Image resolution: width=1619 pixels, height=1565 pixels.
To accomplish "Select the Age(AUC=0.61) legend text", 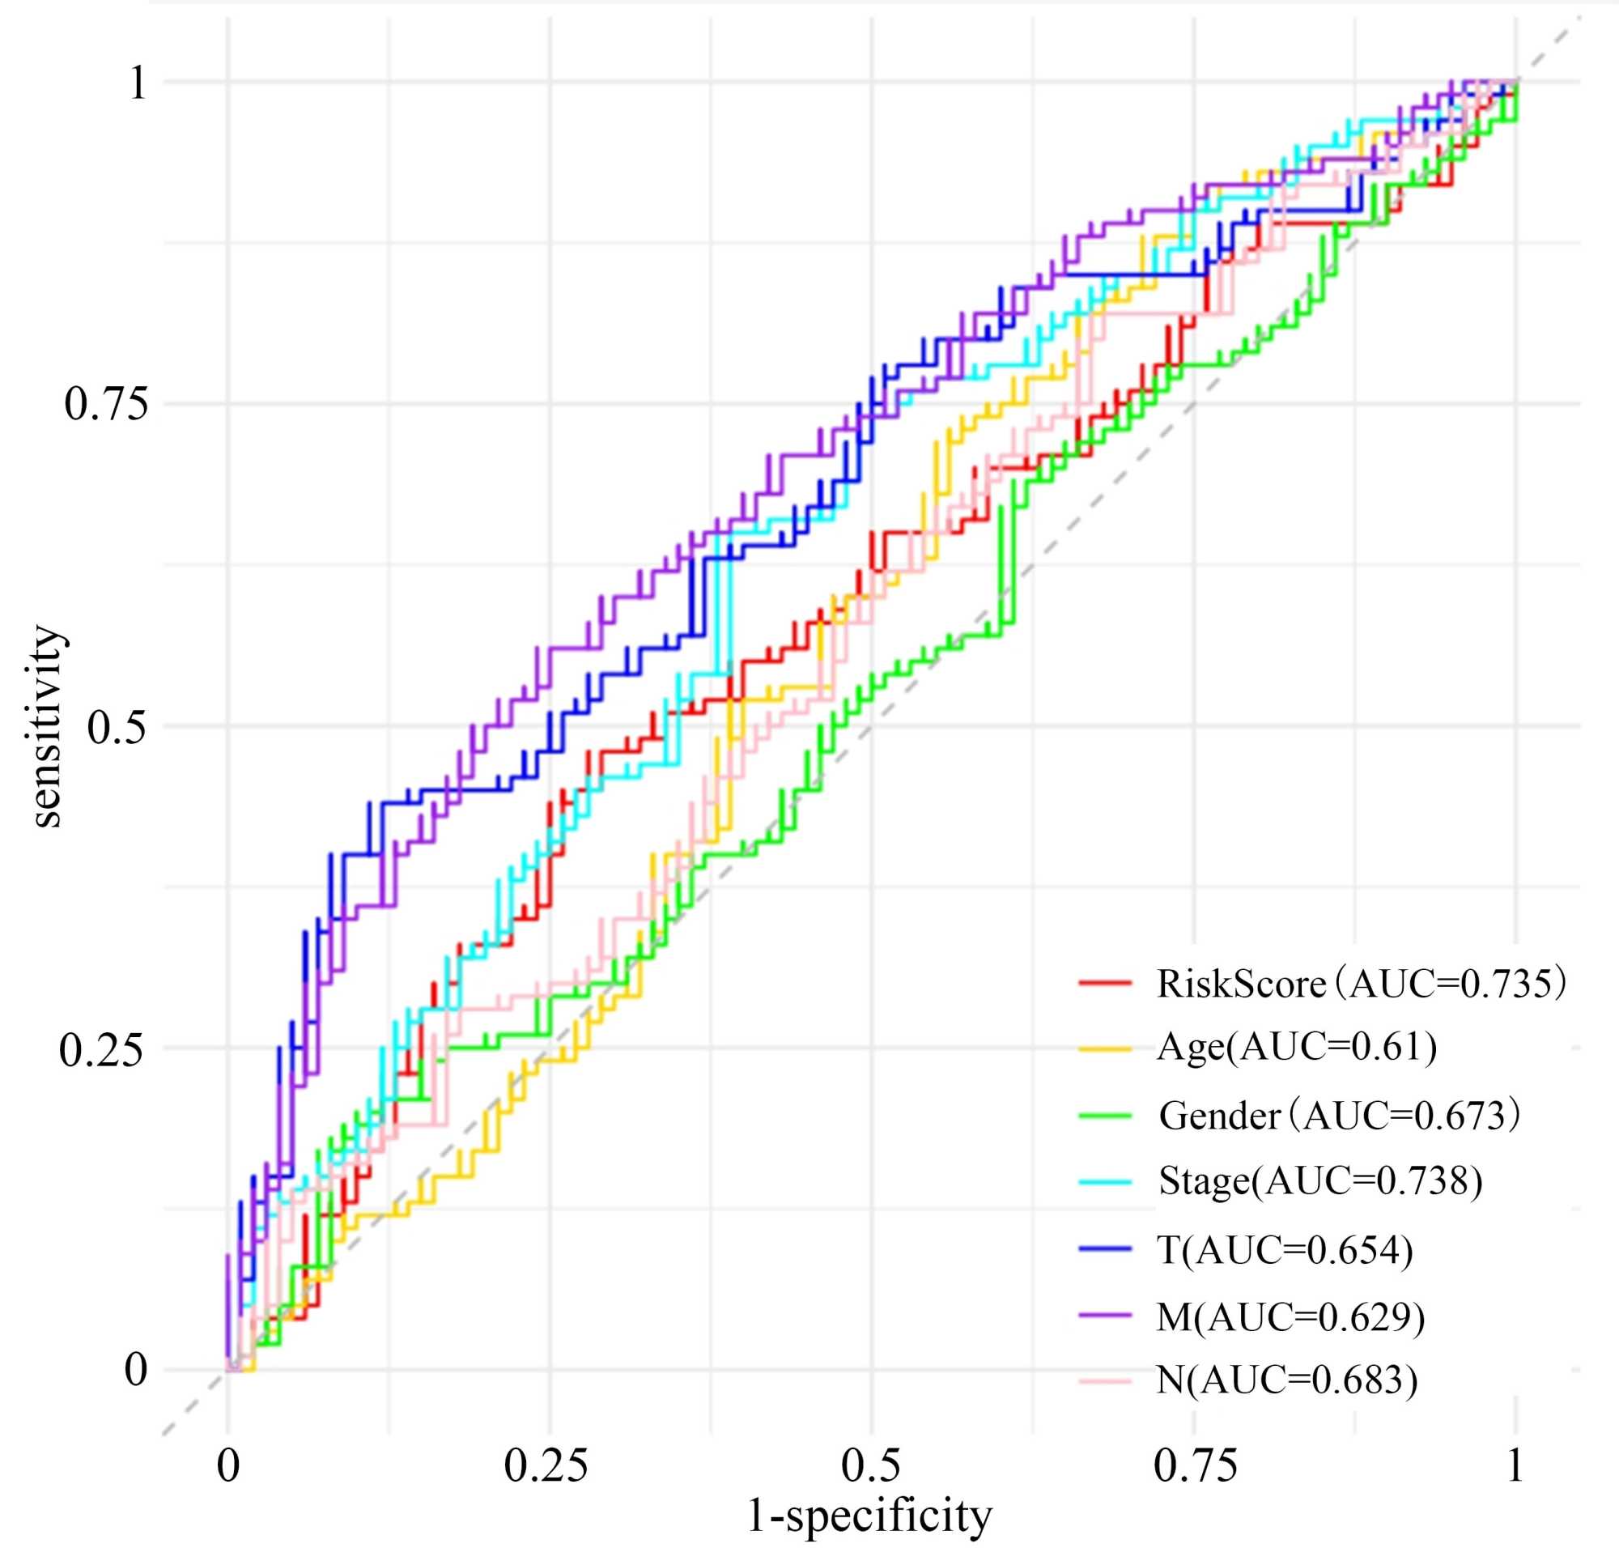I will pyautogui.click(x=1297, y=1047).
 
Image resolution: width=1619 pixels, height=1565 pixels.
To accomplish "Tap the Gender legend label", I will pyautogui.click(x=1338, y=1116).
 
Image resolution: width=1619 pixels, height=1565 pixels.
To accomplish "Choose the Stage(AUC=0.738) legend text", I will pyautogui.click(x=1320, y=1180).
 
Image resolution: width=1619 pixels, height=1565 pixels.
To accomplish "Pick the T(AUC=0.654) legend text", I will pyautogui.click(x=1285, y=1250).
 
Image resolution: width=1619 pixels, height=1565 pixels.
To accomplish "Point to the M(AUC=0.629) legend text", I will pyautogui.click(x=1290, y=1316).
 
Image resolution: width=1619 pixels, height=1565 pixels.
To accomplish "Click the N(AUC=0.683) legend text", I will pyautogui.click(x=1286, y=1380).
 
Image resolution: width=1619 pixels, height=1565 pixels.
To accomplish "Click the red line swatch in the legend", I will pyautogui.click(x=1105, y=982).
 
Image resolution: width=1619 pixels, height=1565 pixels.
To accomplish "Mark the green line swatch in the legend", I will pyautogui.click(x=1105, y=1116).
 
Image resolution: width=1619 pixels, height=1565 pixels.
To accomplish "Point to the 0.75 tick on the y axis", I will pyautogui.click(x=108, y=404).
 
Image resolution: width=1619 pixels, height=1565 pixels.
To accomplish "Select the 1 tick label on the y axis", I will pyautogui.click(x=137, y=83).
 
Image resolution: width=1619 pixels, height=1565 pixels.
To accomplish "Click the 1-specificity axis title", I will pyautogui.click(x=869, y=1516).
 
